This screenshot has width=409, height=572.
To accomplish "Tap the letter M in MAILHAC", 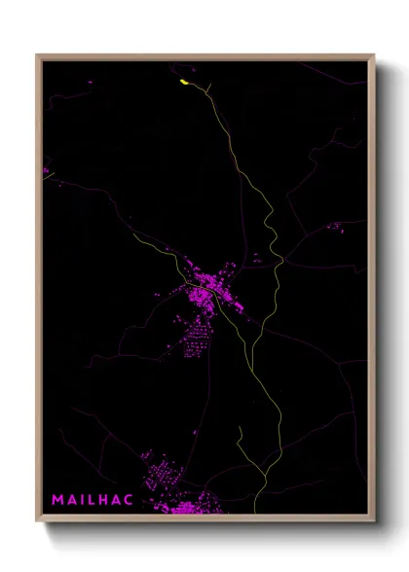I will (x=57, y=499).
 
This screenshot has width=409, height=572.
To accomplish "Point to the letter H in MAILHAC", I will (x=106, y=499).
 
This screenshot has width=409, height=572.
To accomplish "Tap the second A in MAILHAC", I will (x=119, y=499).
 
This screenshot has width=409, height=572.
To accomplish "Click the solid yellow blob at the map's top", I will (x=184, y=83).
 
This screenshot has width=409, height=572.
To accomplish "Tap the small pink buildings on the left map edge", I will (x=46, y=172).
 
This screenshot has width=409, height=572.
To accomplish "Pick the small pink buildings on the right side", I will (x=334, y=227).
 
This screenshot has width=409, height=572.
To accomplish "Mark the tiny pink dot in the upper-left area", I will (x=90, y=82).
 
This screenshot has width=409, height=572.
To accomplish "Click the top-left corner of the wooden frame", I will (x=38, y=55).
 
